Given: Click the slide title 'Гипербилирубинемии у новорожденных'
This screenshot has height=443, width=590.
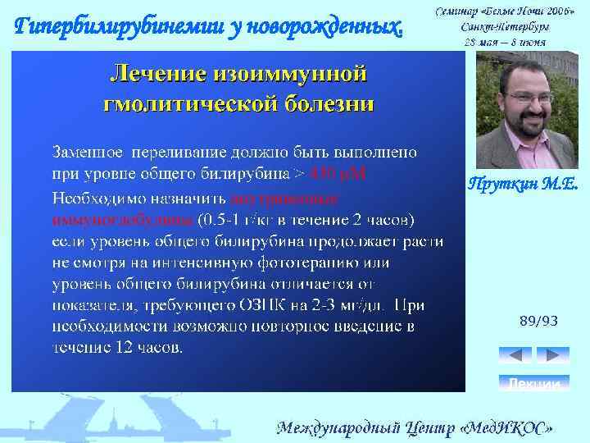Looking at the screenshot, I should point(211,26).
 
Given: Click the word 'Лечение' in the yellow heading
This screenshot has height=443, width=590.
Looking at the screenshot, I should point(157,75).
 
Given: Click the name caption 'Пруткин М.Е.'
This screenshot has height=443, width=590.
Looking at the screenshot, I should point(523,185).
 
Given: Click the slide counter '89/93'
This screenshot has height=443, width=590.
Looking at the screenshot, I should point(538,322).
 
